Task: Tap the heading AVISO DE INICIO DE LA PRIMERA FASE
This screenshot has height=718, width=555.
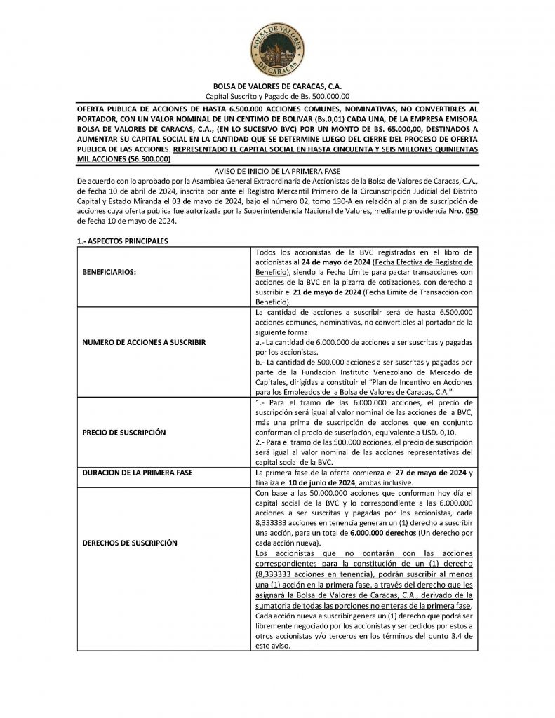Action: (x=277, y=172)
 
